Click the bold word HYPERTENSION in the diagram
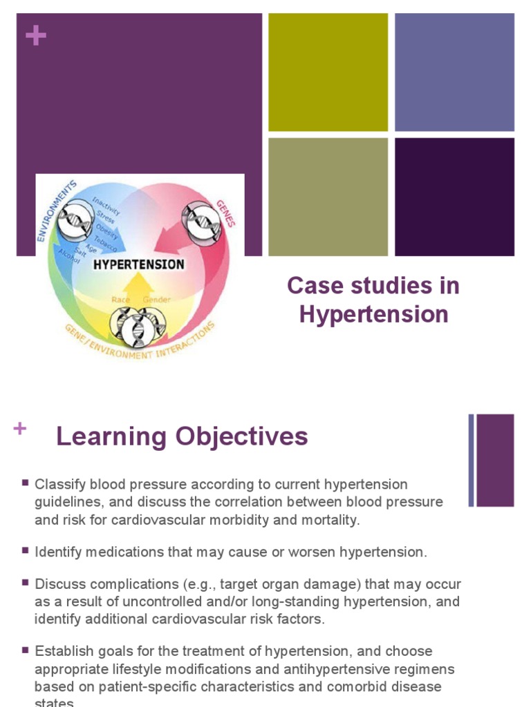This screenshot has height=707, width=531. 138,264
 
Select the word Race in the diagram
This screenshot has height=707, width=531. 122,300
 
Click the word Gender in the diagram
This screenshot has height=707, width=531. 156,300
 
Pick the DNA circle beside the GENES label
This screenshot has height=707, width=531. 201,222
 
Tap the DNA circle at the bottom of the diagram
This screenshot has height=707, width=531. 138,327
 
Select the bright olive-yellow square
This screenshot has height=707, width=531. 328,72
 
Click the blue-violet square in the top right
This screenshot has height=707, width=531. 454,72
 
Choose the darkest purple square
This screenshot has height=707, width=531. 454,197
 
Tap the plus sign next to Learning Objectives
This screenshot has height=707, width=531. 19,429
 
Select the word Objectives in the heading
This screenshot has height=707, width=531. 241,436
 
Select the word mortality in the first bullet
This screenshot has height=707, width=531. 335,520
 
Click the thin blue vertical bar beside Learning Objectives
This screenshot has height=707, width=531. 472,460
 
